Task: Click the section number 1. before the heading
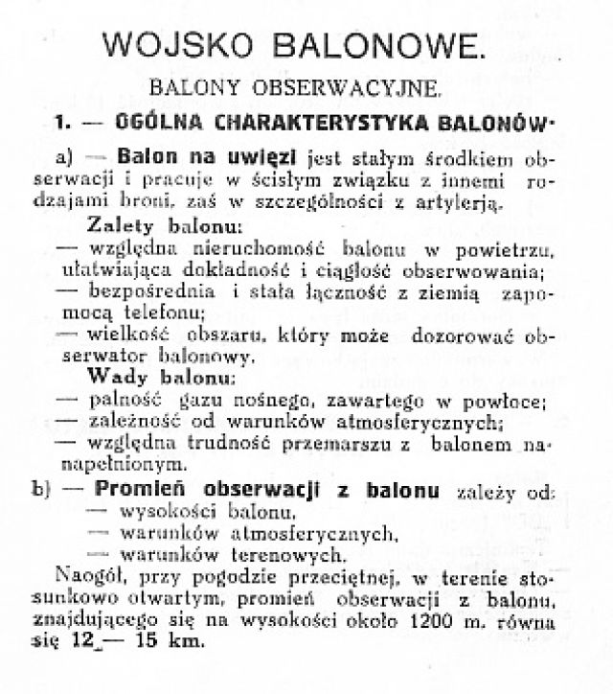pos(64,124)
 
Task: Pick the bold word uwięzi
pos(265,155)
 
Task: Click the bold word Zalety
pos(124,227)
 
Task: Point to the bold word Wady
pos(116,378)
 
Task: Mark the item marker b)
pos(41,492)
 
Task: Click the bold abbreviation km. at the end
pos(183,644)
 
